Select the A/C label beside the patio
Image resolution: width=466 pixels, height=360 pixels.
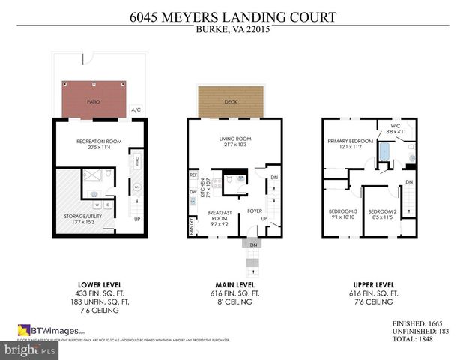[136, 109]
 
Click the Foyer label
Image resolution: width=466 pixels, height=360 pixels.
[254, 211]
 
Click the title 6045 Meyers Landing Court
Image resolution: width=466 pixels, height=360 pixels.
[232, 16]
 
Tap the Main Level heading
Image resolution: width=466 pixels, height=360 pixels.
[234, 284]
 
